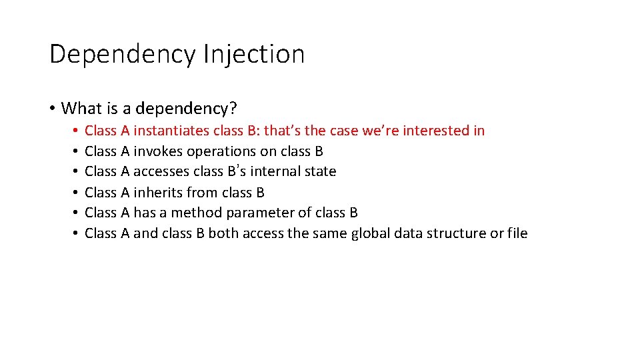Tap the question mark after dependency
pyautogui.click(x=234, y=108)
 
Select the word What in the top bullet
pyautogui.click(x=81, y=108)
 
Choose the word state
pyautogui.click(x=320, y=172)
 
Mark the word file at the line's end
pyautogui.click(x=517, y=233)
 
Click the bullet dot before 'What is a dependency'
pyautogui.click(x=52, y=109)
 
